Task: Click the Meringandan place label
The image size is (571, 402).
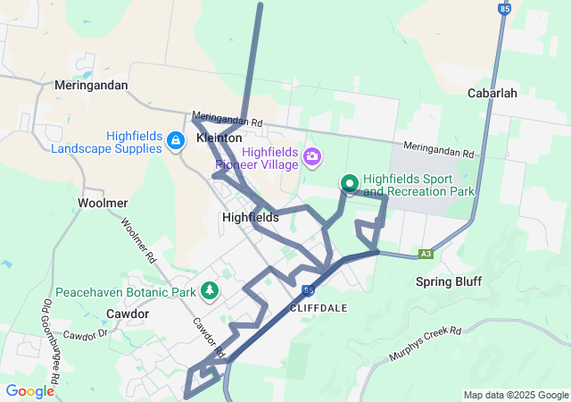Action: (x=91, y=86)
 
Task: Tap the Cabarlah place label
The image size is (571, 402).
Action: (x=492, y=93)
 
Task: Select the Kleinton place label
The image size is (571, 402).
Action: (x=219, y=139)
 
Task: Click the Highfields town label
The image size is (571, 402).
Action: (x=250, y=217)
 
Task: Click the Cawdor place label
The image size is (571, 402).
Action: (x=127, y=314)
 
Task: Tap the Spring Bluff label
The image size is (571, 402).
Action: (x=449, y=282)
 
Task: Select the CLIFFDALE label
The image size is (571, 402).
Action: (x=319, y=306)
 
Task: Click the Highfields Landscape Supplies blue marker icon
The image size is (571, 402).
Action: (x=177, y=141)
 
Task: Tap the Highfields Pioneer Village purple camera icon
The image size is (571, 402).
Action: (x=311, y=158)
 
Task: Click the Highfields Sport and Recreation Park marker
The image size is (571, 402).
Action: (x=349, y=184)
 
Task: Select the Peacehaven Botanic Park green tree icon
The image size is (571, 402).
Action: (x=210, y=291)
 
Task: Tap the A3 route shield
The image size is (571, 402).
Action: (x=426, y=254)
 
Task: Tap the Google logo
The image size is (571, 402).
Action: (x=29, y=390)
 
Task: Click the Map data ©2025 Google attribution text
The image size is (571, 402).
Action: (x=516, y=395)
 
